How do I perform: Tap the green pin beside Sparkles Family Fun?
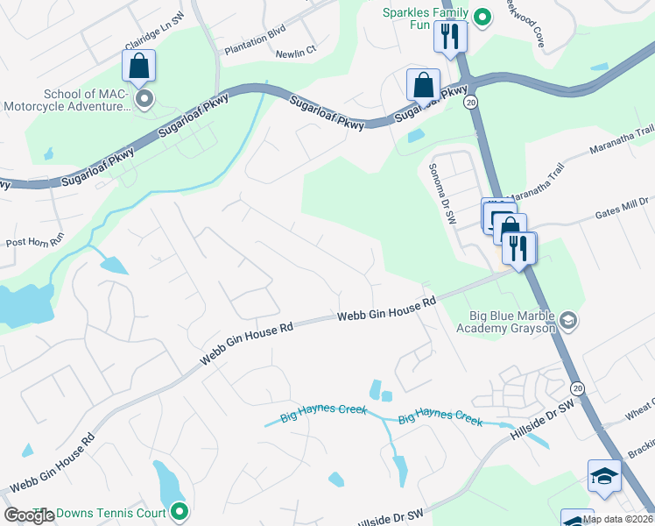click(482, 16)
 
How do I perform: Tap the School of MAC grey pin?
click(144, 98)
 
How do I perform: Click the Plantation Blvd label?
click(255, 52)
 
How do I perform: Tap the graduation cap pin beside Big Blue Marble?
click(568, 319)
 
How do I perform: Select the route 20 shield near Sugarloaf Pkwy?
click(470, 103)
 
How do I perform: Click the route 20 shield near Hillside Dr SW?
click(576, 387)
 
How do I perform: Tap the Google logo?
click(29, 515)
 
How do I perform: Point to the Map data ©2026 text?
click(617, 519)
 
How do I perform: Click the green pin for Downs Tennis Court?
click(180, 510)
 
